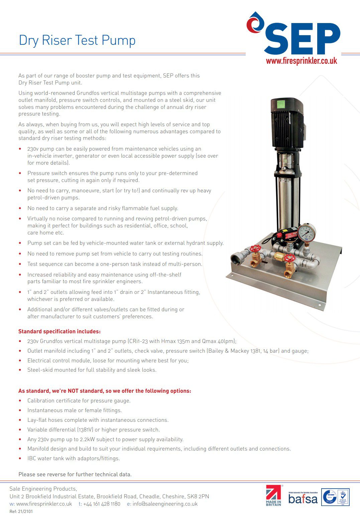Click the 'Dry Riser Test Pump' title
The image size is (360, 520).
pyautogui.click(x=77, y=40)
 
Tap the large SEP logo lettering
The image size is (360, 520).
pyautogui.click(x=303, y=38)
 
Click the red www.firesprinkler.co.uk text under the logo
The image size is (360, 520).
pyautogui.click(x=302, y=61)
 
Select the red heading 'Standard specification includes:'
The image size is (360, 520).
pyautogui.click(x=59, y=331)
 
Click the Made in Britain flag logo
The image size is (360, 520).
pyautogui.click(x=274, y=495)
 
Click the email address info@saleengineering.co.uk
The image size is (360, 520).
pyautogui.click(x=165, y=504)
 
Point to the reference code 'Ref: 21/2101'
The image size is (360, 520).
pyautogui.click(x=21, y=511)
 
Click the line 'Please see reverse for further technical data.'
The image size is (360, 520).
pyautogui.click(x=75, y=474)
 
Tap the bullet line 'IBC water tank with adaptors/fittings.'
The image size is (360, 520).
pyautogui.click(x=74, y=458)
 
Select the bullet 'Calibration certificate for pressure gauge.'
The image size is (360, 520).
pyautogui.click(x=79, y=400)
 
